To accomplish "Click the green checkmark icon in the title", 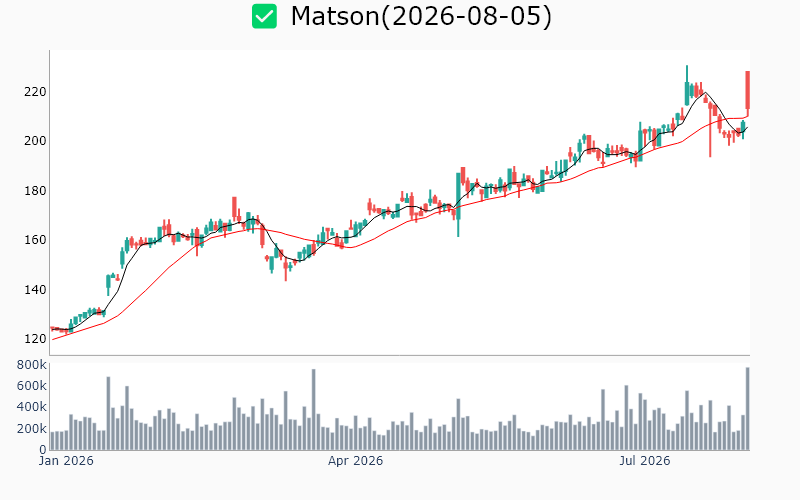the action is (x=264, y=16).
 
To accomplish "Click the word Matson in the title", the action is (x=335, y=16).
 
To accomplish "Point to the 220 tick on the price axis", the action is (x=35, y=92).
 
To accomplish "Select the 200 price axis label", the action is (x=35, y=141).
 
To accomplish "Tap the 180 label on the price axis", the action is (x=35, y=191).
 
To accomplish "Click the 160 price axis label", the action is (x=35, y=240).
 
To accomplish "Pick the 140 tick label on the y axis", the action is (x=35, y=290).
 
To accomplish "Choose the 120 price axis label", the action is (x=35, y=339).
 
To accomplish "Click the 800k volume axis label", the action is (x=32, y=365).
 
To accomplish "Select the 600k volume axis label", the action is (x=32, y=386).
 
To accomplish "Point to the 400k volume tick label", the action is (x=32, y=407).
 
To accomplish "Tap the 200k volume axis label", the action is (x=32, y=429).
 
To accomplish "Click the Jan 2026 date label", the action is (x=66, y=461).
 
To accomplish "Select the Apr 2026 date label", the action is (x=355, y=461).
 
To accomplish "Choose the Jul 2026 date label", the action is (x=645, y=461).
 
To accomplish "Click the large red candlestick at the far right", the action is (x=747, y=90).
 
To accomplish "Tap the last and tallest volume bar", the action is (x=747, y=409).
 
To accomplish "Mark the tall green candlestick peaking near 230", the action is (x=687, y=86).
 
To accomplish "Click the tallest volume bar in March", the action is (x=313, y=410).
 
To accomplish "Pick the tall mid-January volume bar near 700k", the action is (x=108, y=413).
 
